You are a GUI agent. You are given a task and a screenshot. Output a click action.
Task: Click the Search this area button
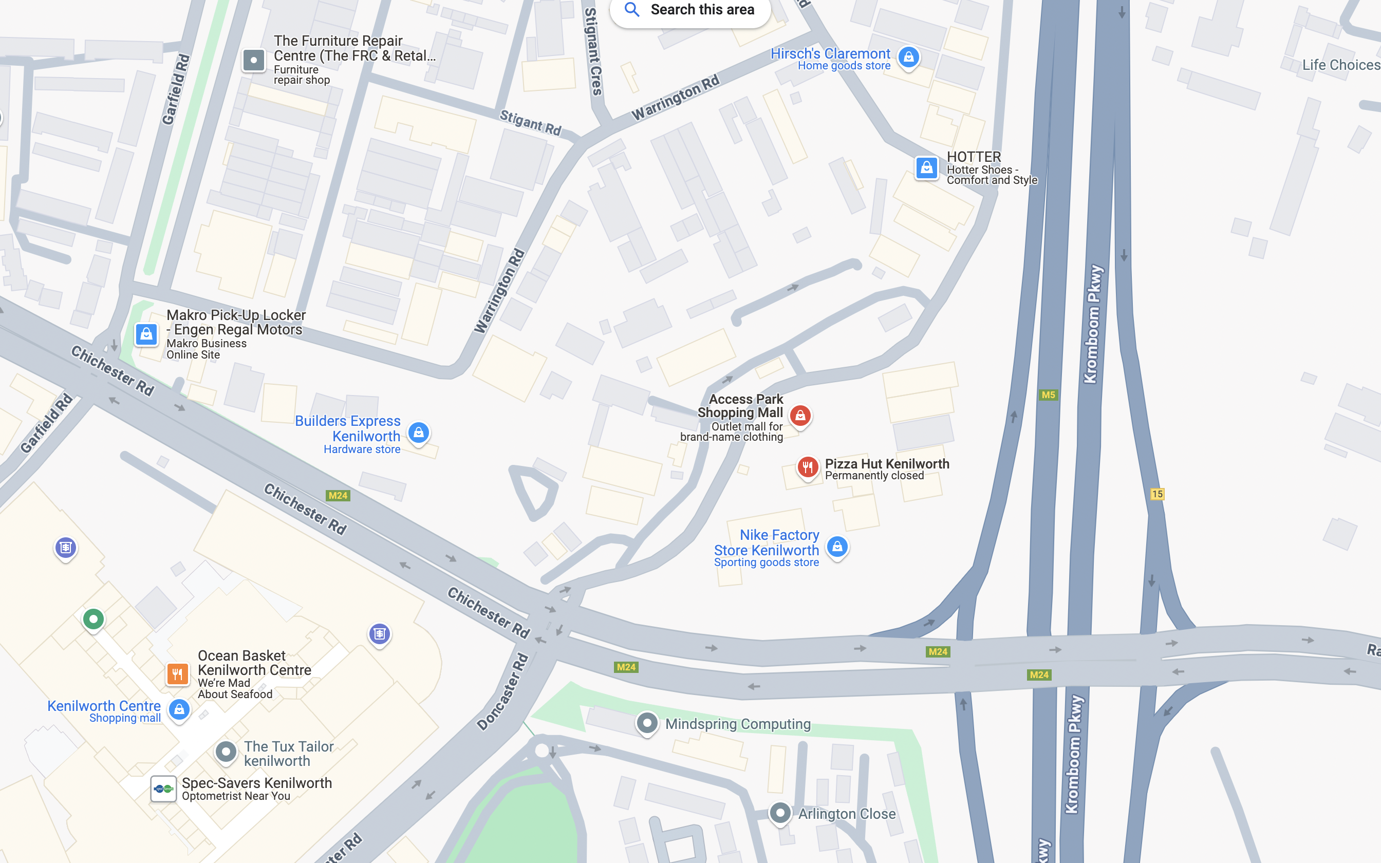pos(690,10)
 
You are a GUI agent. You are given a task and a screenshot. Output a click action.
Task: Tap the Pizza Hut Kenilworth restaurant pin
pos(808,467)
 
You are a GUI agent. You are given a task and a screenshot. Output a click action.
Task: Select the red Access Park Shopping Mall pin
pos(800,416)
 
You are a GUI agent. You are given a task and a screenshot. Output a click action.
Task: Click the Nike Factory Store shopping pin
pos(837,546)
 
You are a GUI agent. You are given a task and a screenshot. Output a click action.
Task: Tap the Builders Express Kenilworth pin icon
pos(418,433)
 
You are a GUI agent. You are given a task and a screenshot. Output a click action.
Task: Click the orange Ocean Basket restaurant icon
pos(177,674)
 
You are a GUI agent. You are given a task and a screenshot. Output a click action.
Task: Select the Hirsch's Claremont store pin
pos(908,57)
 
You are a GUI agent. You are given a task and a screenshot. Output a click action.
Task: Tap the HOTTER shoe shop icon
pos(926,168)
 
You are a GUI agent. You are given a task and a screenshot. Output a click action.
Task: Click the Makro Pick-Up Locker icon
pos(146,334)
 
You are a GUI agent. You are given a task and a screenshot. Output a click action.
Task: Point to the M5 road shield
pos(1048,395)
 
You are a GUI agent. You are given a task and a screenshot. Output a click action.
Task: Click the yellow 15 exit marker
pos(1156,494)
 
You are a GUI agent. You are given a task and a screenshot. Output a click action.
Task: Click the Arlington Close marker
pos(780,813)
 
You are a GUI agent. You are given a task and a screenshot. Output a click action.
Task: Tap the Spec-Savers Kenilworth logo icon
pos(163,789)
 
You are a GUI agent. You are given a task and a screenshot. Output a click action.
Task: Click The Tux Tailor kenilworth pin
pos(226,752)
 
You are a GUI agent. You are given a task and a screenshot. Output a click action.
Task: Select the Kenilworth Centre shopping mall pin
pos(179,709)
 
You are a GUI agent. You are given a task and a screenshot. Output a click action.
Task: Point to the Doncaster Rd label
pos(503,692)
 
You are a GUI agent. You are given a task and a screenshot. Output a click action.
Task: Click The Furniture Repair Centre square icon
pos(254,60)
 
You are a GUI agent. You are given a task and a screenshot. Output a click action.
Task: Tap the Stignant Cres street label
pos(593,51)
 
